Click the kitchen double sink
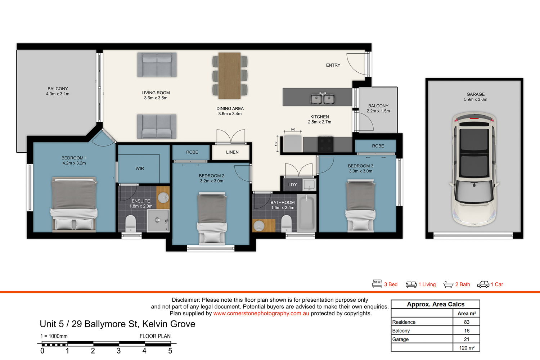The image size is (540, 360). (323, 98)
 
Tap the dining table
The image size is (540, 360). (230, 76)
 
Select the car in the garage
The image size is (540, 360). (474, 169)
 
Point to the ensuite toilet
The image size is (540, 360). (131, 224)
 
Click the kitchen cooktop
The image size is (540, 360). (325, 144)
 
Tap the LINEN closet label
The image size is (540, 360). (233, 152)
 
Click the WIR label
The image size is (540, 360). (140, 168)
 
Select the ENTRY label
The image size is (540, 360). (333, 65)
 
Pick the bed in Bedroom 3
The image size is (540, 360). (360, 206)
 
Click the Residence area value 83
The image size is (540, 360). (467, 322)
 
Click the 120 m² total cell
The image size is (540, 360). (467, 348)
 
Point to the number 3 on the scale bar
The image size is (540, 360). (118, 351)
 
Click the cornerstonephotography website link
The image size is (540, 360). (261, 314)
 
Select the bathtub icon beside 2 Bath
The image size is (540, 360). (449, 284)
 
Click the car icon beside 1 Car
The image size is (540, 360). (483, 284)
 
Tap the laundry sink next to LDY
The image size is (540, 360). (309, 184)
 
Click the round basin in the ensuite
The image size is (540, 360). (163, 198)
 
